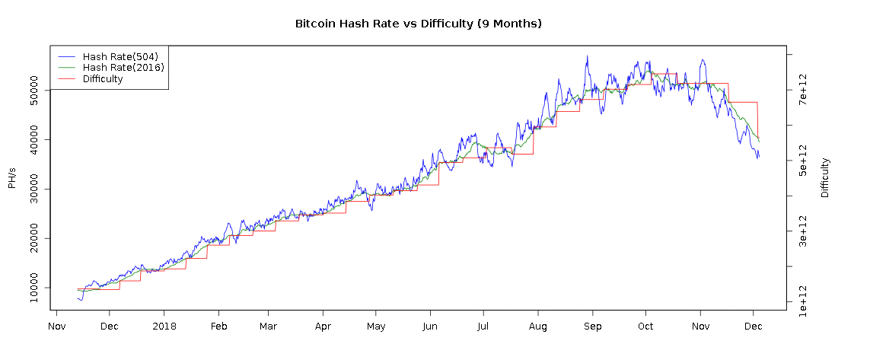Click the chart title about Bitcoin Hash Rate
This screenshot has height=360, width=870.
click(x=418, y=24)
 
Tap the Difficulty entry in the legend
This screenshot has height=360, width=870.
click(x=103, y=79)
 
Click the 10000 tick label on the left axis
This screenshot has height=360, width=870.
click(x=35, y=288)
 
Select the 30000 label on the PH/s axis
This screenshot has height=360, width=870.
click(x=35, y=190)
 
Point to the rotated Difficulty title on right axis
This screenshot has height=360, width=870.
click(x=826, y=178)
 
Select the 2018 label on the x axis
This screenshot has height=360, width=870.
click(x=164, y=327)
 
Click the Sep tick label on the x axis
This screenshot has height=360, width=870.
click(x=592, y=327)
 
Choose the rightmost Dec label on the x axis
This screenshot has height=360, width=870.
click(x=754, y=327)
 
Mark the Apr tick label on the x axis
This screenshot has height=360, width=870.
click(x=323, y=327)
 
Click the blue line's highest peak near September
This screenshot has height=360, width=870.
click(x=587, y=56)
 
